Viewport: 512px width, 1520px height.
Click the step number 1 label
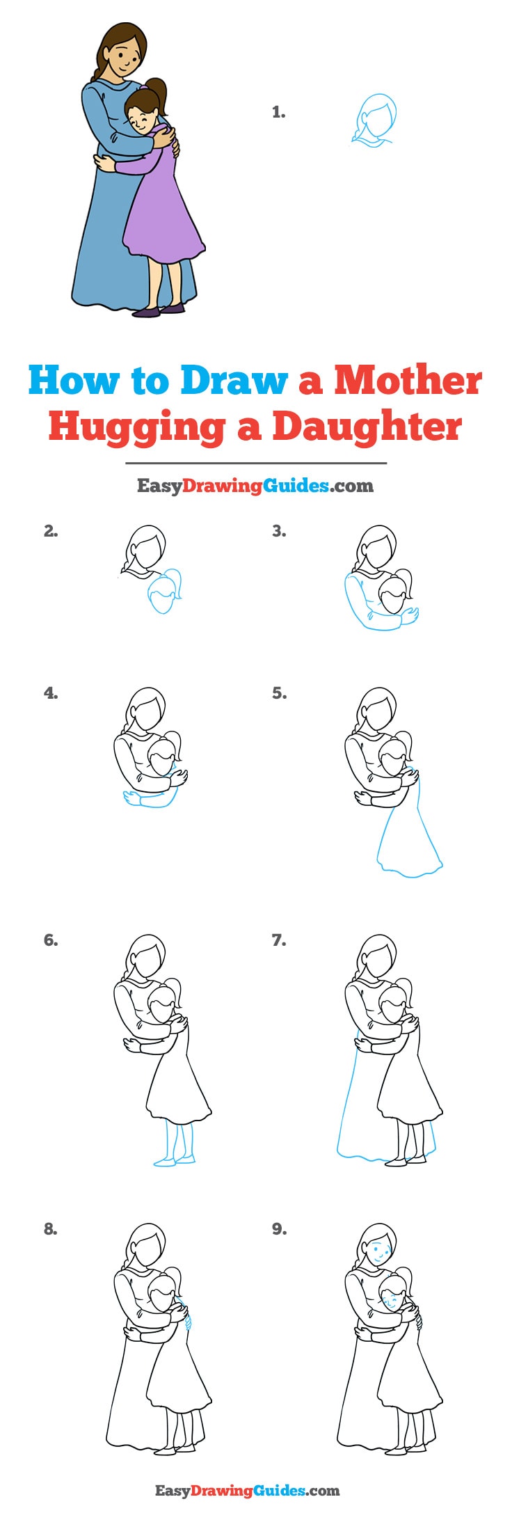(x=278, y=112)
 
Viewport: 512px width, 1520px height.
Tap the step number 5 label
(x=279, y=693)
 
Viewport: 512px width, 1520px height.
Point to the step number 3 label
(x=279, y=532)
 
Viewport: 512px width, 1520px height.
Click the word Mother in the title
(x=408, y=381)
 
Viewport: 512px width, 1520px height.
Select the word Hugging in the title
(x=136, y=428)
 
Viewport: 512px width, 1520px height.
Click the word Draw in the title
(x=234, y=381)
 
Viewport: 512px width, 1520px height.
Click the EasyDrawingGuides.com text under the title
(x=255, y=486)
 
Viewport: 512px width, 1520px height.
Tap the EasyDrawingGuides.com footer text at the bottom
(x=247, y=1490)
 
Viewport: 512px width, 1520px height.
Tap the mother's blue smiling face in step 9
(x=378, y=1251)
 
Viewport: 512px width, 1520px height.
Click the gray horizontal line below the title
(x=255, y=463)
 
